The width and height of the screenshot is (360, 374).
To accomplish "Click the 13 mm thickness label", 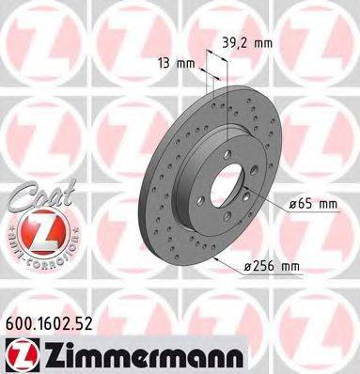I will click(x=169, y=63).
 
